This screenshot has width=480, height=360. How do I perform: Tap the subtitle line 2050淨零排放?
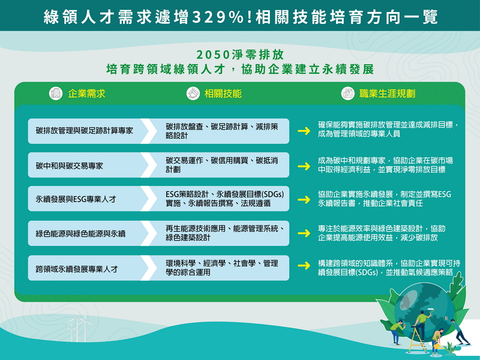click(x=239, y=53)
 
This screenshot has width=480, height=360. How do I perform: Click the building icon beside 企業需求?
click(x=56, y=94)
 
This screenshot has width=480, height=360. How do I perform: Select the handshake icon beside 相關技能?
click(x=193, y=94)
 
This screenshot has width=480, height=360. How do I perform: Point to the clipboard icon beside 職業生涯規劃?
click(x=347, y=94)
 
